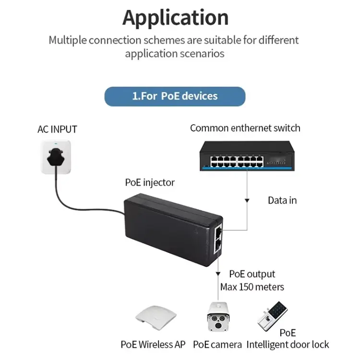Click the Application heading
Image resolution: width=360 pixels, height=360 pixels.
click(175, 18)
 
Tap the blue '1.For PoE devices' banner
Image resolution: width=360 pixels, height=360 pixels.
click(175, 96)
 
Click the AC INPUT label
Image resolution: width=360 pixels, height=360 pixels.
click(57, 129)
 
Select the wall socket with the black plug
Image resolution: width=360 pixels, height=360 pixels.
click(57, 157)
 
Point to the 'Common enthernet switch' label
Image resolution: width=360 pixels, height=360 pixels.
click(245, 128)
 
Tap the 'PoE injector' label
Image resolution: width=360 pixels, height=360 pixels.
click(150, 182)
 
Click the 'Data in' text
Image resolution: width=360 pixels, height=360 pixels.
click(282, 200)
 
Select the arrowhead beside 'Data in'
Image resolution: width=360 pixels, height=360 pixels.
click(247, 198)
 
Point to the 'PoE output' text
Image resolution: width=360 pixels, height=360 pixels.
click(252, 274)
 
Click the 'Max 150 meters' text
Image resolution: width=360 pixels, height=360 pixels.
click(252, 287)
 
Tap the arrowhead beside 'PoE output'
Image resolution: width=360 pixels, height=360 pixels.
click(219, 274)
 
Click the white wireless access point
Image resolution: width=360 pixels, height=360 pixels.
click(153, 318)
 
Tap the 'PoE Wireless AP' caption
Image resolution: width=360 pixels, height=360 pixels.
click(153, 345)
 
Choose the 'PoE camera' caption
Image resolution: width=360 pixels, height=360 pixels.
click(217, 345)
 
